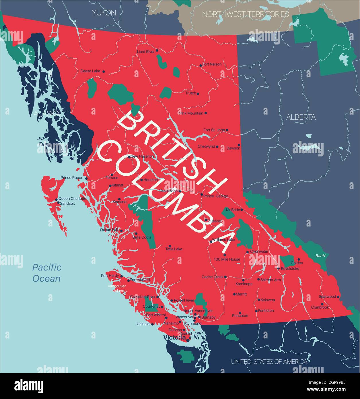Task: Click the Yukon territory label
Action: (x=104, y=13)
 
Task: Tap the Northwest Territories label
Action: (x=245, y=14)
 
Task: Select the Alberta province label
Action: (x=301, y=117)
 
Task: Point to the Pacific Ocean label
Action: (x=46, y=273)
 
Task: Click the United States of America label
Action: (x=269, y=362)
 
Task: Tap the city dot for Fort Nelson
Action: (x=201, y=66)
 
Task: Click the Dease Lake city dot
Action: (x=104, y=71)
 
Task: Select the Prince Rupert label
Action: (x=72, y=178)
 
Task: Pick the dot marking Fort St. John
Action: (x=227, y=130)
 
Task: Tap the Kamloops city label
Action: (x=244, y=284)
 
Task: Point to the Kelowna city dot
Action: (x=259, y=300)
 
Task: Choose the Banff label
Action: (x=320, y=256)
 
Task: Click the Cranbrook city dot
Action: (x=322, y=304)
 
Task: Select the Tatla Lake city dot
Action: (x=170, y=246)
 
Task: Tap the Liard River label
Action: (x=146, y=52)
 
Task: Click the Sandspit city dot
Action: (x=58, y=203)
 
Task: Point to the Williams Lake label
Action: (x=223, y=240)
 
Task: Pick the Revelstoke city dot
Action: (x=278, y=268)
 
